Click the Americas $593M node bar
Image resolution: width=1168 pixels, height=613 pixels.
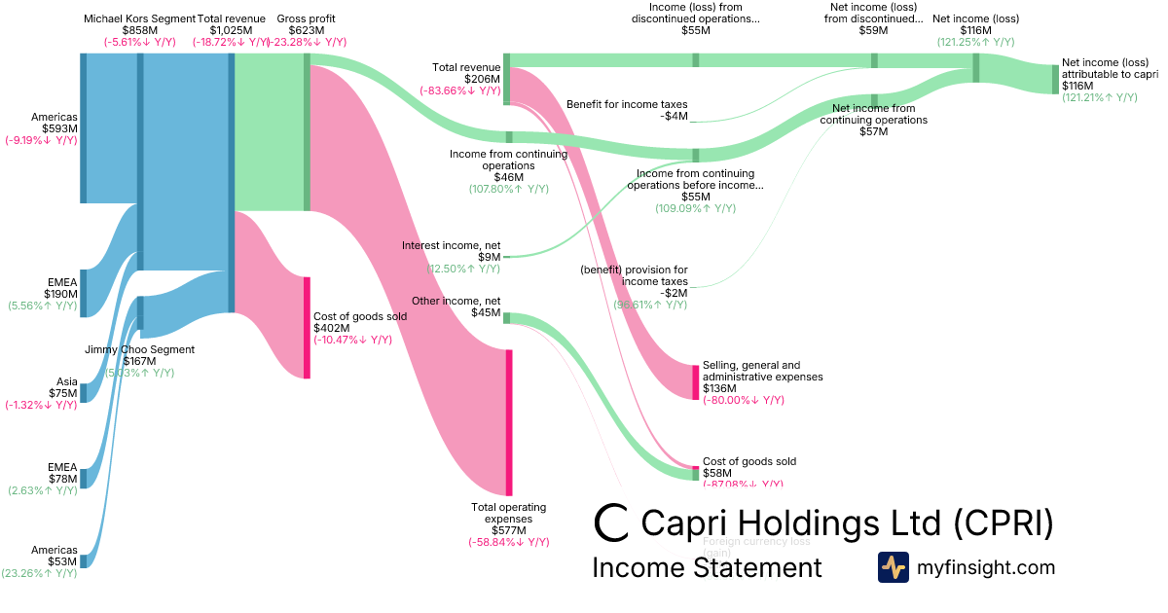pyautogui.click(x=84, y=127)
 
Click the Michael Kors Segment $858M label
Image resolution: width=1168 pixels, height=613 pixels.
pyautogui.click(x=138, y=30)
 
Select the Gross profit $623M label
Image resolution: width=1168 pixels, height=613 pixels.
pyautogui.click(x=306, y=30)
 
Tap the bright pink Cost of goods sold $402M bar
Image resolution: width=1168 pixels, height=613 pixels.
pyautogui.click(x=307, y=327)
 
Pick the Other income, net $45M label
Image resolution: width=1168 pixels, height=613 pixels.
pyautogui.click(x=456, y=306)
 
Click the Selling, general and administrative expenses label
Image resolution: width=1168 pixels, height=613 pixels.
pyautogui.click(x=762, y=377)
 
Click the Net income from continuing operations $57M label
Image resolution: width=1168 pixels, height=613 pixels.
pyautogui.click(x=874, y=120)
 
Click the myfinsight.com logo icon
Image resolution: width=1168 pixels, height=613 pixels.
pyautogui.click(x=893, y=567)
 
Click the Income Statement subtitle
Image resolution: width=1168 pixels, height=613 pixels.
pyautogui.click(x=707, y=567)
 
